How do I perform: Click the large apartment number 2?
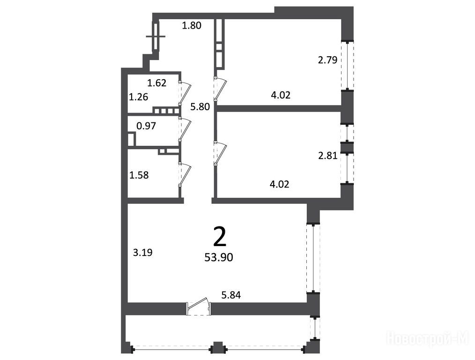[220, 237]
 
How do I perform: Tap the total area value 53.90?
[219, 257]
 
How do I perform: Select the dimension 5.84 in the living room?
[231, 295]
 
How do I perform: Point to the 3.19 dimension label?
[143, 253]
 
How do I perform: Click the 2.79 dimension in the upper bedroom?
[327, 60]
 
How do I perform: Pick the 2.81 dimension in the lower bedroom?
[328, 156]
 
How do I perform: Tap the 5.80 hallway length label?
[200, 107]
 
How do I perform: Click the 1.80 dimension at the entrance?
[192, 25]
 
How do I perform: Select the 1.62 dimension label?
[157, 82]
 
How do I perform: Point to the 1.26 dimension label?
[139, 97]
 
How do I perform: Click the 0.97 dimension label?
[146, 126]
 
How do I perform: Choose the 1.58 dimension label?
[139, 175]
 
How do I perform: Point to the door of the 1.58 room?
[185, 174]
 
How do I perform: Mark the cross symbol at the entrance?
[156, 37]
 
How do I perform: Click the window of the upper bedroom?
[347, 65]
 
